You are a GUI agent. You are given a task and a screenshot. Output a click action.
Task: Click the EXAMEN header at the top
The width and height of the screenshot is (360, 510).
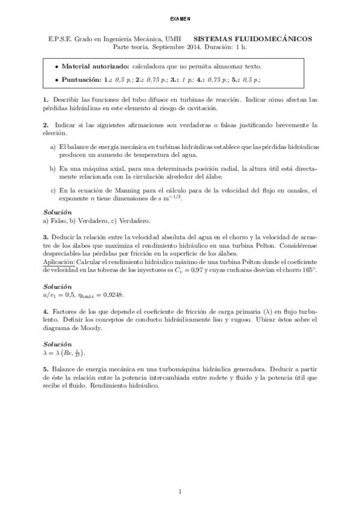tap(180, 18)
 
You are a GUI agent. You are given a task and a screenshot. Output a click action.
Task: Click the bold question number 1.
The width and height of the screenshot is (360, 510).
tap(46, 98)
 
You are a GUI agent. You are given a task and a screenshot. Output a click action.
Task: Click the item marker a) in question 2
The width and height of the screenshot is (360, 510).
tap(53, 147)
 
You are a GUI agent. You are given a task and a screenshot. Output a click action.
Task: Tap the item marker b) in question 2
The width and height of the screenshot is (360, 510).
tap(53, 170)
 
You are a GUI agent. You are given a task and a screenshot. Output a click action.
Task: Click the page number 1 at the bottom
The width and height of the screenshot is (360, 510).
tap(180, 493)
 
